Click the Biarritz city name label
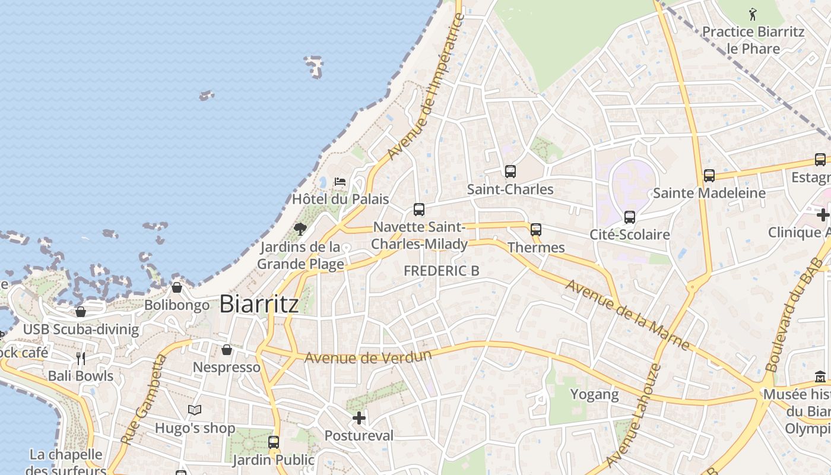pos(259,304)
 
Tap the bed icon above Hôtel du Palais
pos(340,181)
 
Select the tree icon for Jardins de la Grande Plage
pos(300,229)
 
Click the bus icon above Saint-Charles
pos(510,172)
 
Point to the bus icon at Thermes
pos(536,229)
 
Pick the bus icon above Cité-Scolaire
pos(630,217)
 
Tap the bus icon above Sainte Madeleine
pos(709,175)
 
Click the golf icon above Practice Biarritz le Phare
pos(753,14)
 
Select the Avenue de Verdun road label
pos(367,357)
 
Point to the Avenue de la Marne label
pos(627,315)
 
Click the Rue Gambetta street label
pos(144,399)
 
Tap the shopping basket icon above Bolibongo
pos(177,287)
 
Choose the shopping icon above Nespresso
pos(226,350)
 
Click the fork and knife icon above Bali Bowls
pos(81,358)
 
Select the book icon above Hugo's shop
pos(195,410)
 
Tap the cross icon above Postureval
pos(359,418)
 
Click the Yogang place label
pos(594,394)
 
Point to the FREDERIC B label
pos(441,271)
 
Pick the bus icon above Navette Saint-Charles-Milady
pos(419,209)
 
